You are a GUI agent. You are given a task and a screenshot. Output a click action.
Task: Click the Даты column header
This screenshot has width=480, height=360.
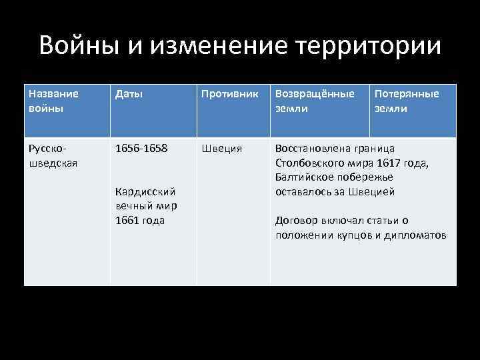click(129, 94)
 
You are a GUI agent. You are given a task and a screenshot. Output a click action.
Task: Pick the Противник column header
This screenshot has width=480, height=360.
click(229, 94)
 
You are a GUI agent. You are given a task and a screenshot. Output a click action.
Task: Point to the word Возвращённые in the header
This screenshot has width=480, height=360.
click(315, 94)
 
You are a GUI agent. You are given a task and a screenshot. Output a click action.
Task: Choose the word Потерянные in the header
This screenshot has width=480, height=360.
click(407, 94)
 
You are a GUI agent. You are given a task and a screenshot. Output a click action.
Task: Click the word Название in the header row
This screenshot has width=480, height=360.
click(53, 94)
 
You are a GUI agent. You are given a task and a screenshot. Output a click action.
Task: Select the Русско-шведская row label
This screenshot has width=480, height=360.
click(49, 155)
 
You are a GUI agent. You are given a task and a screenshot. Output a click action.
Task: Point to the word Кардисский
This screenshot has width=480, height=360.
click(145, 192)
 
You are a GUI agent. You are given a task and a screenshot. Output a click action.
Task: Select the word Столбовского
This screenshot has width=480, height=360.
click(308, 163)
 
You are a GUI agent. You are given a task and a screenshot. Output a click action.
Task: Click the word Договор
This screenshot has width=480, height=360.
click(295, 221)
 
